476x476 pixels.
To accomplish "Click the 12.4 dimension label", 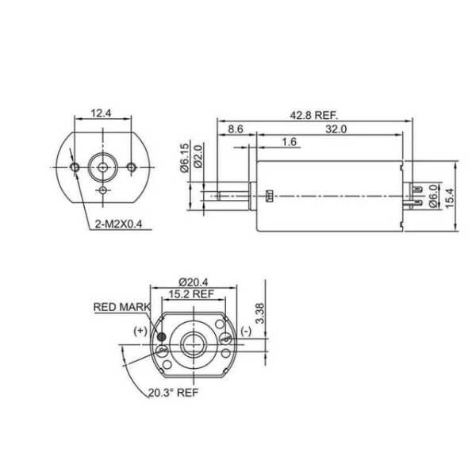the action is pyautogui.click(x=102, y=113).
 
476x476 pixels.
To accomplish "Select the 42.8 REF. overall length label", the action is pyautogui.click(x=314, y=115).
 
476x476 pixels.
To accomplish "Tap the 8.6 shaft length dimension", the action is pyautogui.click(x=236, y=129).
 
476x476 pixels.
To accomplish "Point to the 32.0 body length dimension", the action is pyautogui.click(x=336, y=129).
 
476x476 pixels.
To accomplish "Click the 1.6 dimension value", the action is pyautogui.click(x=289, y=142).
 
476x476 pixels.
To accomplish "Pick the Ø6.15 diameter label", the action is pyautogui.click(x=185, y=158).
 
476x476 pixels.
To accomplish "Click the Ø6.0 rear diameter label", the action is pyautogui.click(x=434, y=196).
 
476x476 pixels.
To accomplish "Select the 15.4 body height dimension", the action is pyautogui.click(x=449, y=198).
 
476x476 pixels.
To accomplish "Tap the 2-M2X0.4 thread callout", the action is pyautogui.click(x=119, y=225).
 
